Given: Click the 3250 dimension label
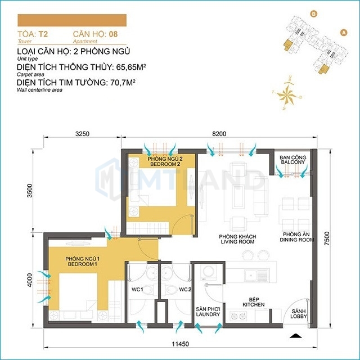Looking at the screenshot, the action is click(x=82, y=134).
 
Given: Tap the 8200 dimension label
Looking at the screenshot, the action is click(x=219, y=134).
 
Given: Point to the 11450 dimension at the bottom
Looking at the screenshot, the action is click(x=181, y=344).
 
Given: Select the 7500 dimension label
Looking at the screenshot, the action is click(x=327, y=238).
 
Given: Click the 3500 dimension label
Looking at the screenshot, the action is click(x=30, y=191).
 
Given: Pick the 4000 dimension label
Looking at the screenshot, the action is click(x=30, y=280).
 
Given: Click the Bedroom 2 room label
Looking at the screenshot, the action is click(x=165, y=161).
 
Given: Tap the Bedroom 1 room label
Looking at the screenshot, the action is click(x=83, y=262).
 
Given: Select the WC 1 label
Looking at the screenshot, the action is click(x=137, y=290).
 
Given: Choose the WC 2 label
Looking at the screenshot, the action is click(x=185, y=290).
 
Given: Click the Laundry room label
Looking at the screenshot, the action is click(x=208, y=312).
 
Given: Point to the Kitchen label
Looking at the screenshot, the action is click(x=254, y=302).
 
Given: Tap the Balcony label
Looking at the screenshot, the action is click(x=293, y=160).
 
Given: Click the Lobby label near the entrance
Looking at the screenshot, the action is click(x=299, y=314).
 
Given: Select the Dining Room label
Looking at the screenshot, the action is click(x=296, y=237).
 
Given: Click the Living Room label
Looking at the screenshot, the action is click(x=237, y=239).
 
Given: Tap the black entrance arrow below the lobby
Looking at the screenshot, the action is click(x=296, y=336).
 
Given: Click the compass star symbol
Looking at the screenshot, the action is click(x=286, y=94).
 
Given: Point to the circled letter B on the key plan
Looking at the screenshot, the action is click(x=313, y=14).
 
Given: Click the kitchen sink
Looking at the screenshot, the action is click(x=256, y=275).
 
